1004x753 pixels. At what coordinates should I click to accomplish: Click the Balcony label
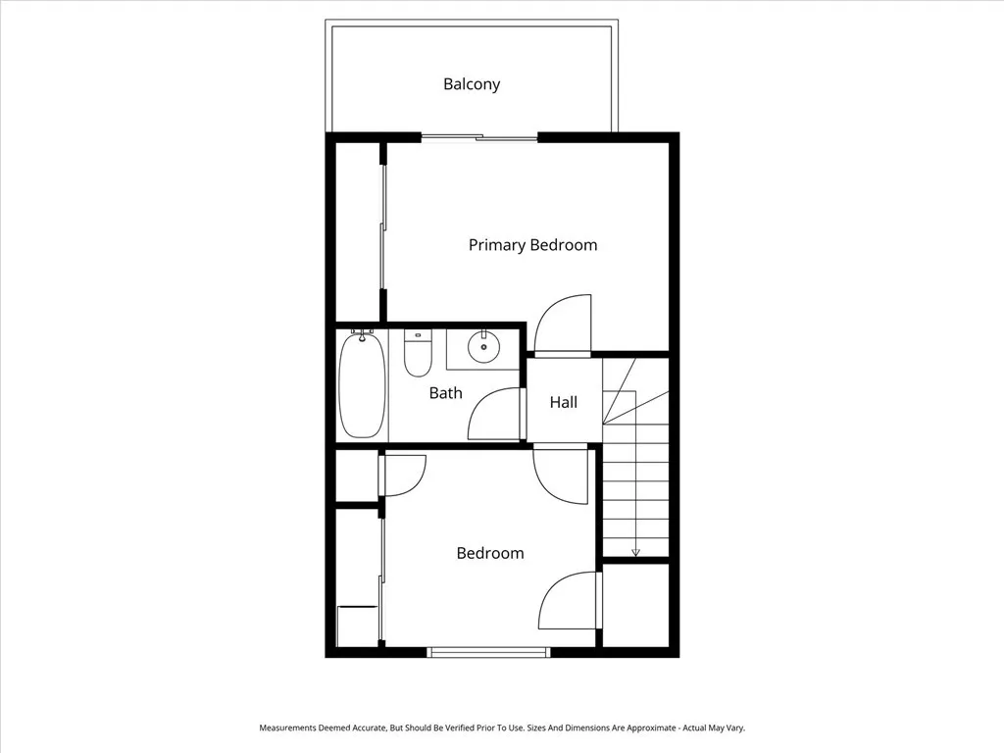click(x=472, y=84)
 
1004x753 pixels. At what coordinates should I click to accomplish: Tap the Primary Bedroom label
click(x=532, y=245)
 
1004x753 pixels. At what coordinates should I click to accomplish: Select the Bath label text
click(x=445, y=393)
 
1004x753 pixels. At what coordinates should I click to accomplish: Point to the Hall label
click(x=563, y=402)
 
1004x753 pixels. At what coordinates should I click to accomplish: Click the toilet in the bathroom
click(x=418, y=355)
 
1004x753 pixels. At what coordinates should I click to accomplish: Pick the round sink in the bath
click(x=483, y=347)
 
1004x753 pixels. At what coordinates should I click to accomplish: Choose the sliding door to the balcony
click(x=479, y=138)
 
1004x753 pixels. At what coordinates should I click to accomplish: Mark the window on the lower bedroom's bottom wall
click(x=488, y=651)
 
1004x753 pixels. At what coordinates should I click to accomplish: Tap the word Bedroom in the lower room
click(x=490, y=553)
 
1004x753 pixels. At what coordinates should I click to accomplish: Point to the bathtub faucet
click(x=362, y=334)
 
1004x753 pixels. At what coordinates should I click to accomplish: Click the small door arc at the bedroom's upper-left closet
click(x=403, y=476)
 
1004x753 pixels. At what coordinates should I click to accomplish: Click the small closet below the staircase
click(x=634, y=604)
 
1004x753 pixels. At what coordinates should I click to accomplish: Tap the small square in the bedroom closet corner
click(x=357, y=626)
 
